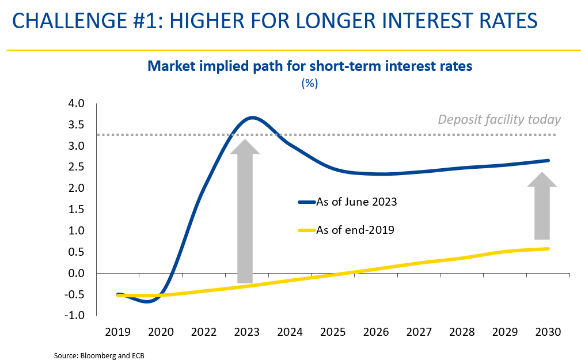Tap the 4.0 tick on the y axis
[77, 104]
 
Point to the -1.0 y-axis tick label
[75, 316]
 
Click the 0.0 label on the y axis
[77, 273]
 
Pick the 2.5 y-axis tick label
[77, 167]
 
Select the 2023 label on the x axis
[247, 332]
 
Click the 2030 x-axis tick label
[548, 332]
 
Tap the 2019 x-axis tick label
[118, 332]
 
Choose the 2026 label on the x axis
[376, 332]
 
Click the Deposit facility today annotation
[499, 120]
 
